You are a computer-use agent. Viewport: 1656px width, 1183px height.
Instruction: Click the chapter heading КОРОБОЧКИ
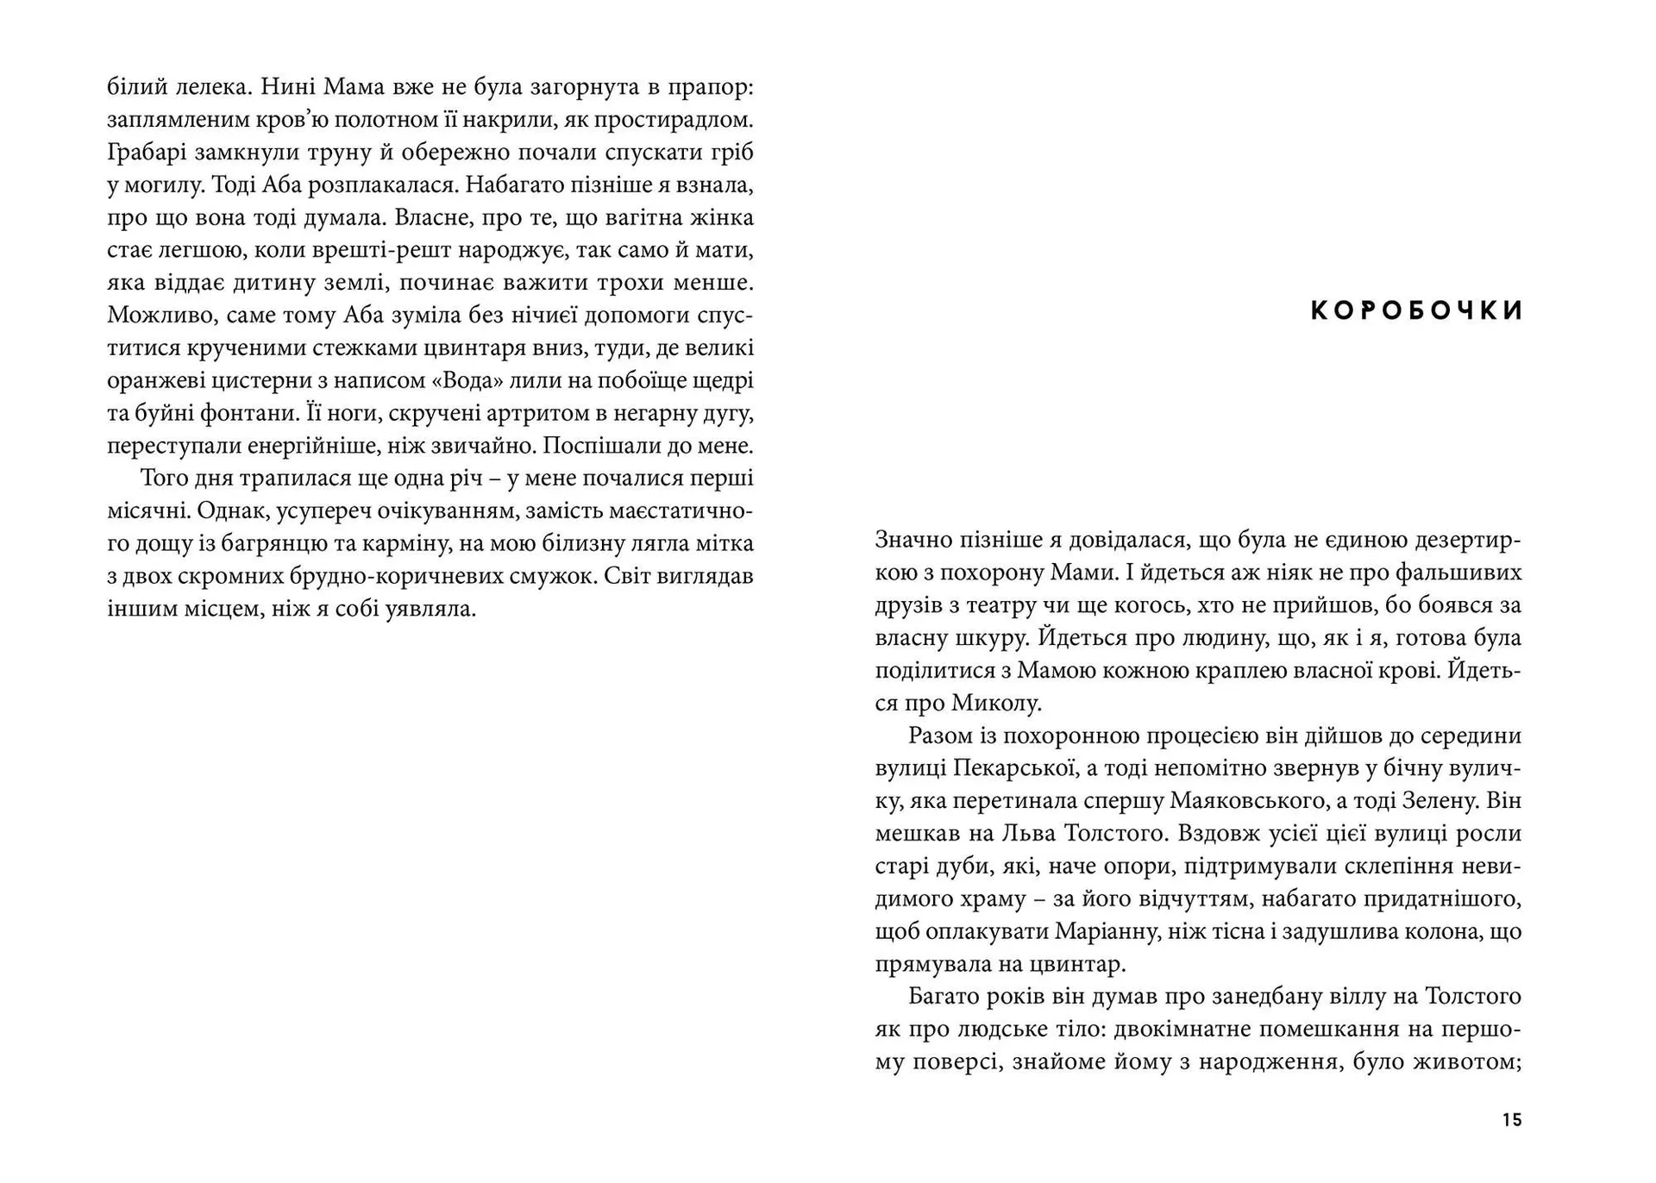click(1416, 310)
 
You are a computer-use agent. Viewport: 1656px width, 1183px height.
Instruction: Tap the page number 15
click(1511, 1120)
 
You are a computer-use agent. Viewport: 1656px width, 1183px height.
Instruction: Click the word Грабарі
click(142, 153)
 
